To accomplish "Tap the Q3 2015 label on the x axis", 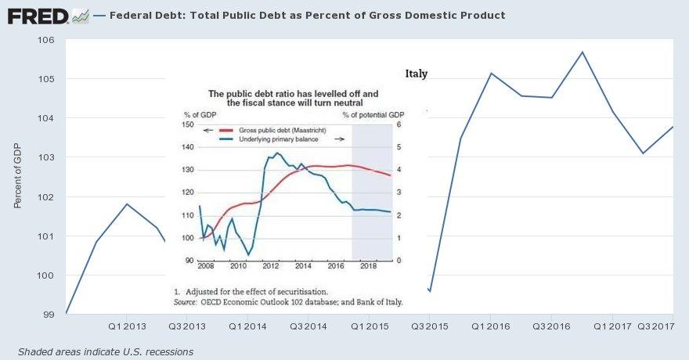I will pyautogui.click(x=431, y=326).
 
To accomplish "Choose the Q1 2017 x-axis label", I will pyautogui.click(x=613, y=326).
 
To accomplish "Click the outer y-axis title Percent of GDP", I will pyautogui.click(x=17, y=175).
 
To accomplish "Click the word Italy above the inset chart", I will pyautogui.click(x=417, y=74).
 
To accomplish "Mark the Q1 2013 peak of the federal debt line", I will pyautogui.click(x=127, y=203).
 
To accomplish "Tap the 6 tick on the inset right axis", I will pyautogui.click(x=399, y=125).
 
